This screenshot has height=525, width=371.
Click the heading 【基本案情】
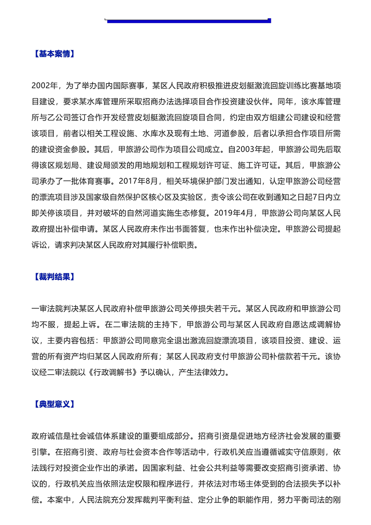(53, 54)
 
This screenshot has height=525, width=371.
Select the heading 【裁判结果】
(53, 277)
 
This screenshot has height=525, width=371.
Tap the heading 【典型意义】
(53, 404)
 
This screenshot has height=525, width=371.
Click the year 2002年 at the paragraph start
(44, 86)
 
